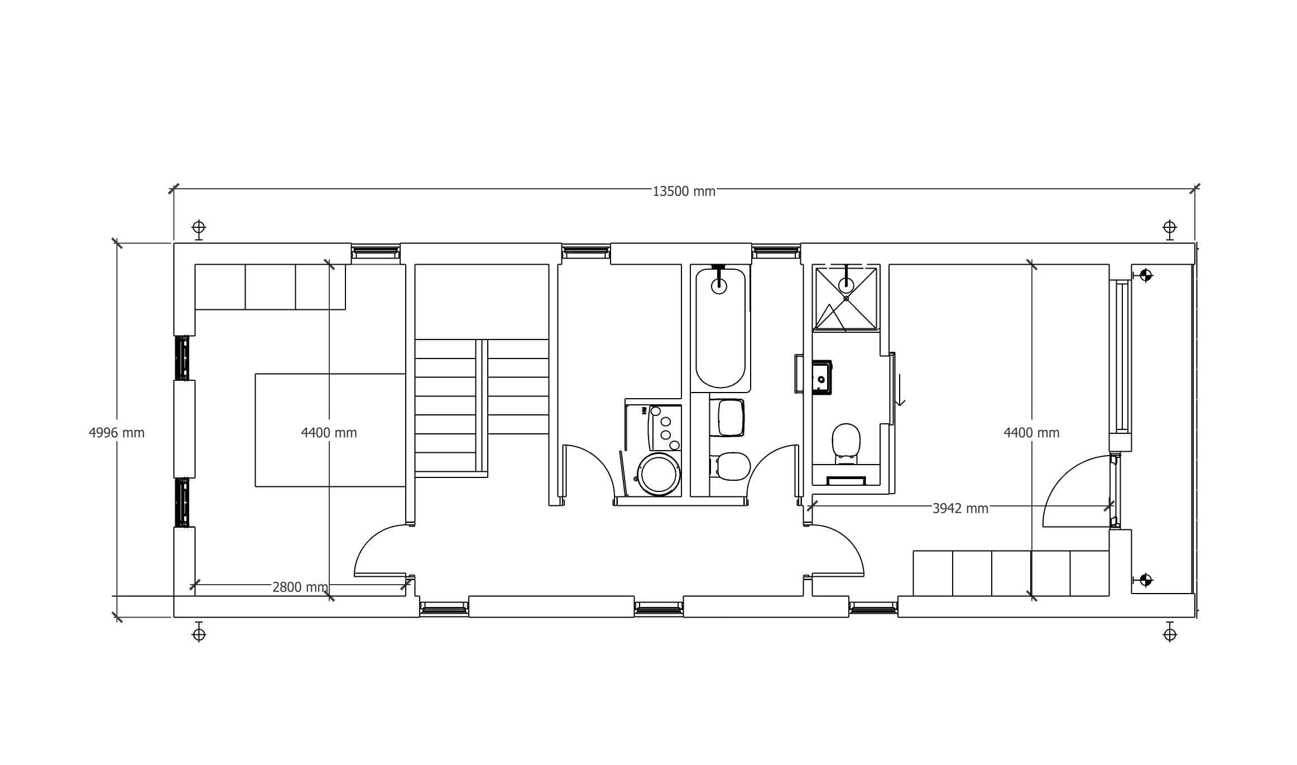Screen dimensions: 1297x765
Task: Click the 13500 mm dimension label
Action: tap(684, 192)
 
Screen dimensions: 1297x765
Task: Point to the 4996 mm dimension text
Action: tap(117, 433)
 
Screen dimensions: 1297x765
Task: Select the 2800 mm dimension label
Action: tap(300, 587)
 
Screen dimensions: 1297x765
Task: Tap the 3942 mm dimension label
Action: tap(960, 509)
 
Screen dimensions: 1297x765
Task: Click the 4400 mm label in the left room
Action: tap(329, 433)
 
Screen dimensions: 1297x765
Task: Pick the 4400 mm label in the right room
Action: tap(1031, 433)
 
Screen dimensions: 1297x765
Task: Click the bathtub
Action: tap(720, 328)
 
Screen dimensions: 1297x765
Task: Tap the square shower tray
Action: tap(846, 299)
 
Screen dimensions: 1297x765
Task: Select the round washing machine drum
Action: tap(659, 474)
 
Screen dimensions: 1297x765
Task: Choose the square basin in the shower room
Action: tap(822, 377)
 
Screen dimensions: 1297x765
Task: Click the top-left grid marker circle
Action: tap(199, 228)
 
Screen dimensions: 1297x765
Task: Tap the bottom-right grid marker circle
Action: tap(1170, 634)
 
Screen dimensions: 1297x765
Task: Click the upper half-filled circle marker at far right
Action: tap(1146, 275)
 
